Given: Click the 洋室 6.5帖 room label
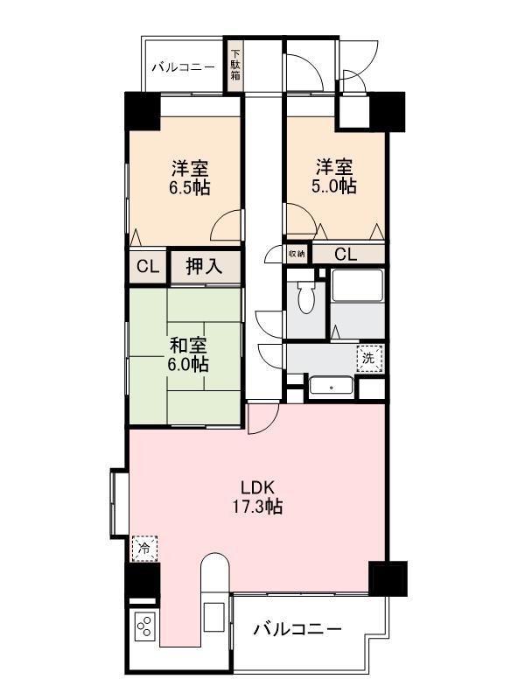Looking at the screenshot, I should (190, 176).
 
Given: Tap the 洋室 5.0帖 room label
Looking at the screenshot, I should (335, 176).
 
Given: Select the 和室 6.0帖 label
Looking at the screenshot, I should (188, 353).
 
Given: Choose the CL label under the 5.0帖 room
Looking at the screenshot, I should (346, 255).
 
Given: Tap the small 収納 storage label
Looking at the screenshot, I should (297, 254).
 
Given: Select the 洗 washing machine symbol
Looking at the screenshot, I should (369, 358).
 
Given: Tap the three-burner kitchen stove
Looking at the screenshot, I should (144, 627).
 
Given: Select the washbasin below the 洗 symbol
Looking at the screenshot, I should (332, 386).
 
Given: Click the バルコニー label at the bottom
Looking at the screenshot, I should (297, 628).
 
